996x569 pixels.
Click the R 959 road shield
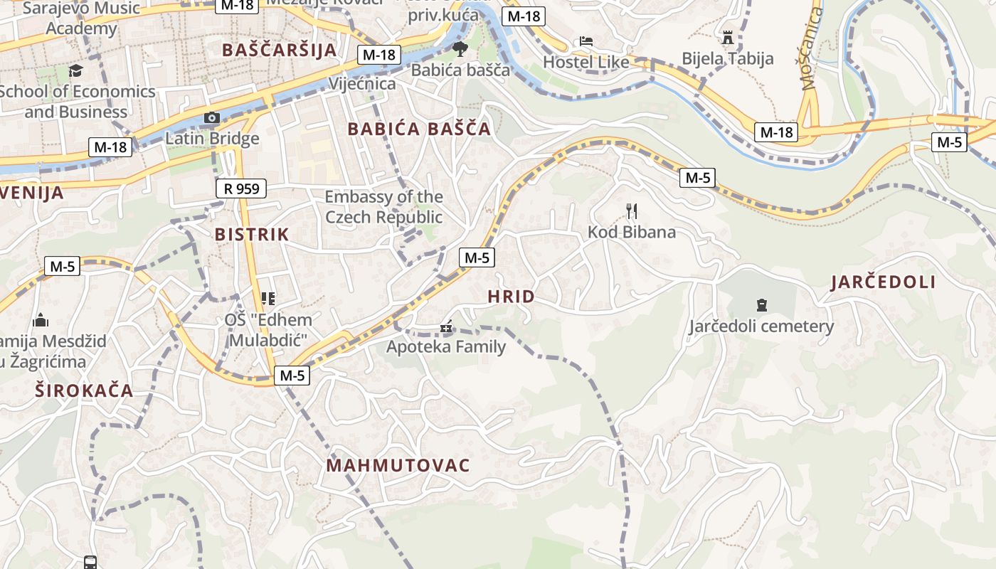pyautogui.click(x=241, y=188)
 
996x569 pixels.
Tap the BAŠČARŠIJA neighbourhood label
pyautogui.click(x=279, y=50)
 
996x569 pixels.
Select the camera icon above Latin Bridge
pyautogui.click(x=211, y=117)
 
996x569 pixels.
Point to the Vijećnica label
pyautogui.click(x=361, y=83)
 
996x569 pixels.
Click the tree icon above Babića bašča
pyautogui.click(x=460, y=49)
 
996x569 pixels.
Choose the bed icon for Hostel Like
pyautogui.click(x=586, y=41)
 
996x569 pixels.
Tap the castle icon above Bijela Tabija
pyautogui.click(x=728, y=37)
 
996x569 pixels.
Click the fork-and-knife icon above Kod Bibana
pyautogui.click(x=632, y=211)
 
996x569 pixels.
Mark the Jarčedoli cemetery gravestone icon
pyautogui.click(x=762, y=306)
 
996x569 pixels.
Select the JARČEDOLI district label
pyautogui.click(x=883, y=282)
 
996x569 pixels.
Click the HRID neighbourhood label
pyautogui.click(x=511, y=297)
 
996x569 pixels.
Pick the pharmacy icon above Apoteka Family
pyautogui.click(x=446, y=328)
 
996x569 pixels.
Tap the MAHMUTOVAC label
pyautogui.click(x=398, y=466)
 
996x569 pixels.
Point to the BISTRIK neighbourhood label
pyautogui.click(x=252, y=235)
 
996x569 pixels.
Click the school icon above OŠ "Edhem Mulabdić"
pyautogui.click(x=268, y=299)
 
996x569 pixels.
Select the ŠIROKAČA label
pyautogui.click(x=85, y=390)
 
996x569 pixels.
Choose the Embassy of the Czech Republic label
pyautogui.click(x=383, y=207)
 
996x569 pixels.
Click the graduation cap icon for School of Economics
pyautogui.click(x=75, y=70)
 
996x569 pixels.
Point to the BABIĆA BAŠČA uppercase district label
pyautogui.click(x=419, y=129)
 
